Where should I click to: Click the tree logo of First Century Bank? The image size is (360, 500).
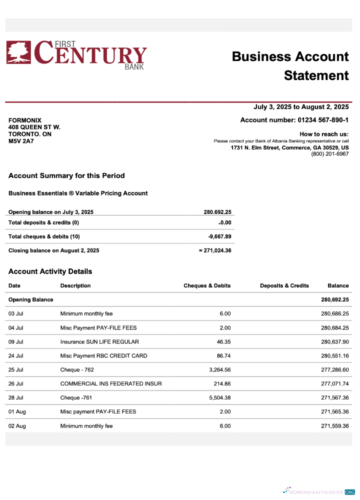[x=18, y=52]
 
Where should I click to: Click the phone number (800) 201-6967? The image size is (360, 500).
[x=329, y=154]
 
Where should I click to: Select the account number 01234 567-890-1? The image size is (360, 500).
[x=323, y=120]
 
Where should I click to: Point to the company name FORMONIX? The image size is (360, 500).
[x=25, y=120]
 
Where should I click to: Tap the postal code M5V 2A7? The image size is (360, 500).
[x=21, y=141]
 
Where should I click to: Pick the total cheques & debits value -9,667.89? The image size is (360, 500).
[x=219, y=236]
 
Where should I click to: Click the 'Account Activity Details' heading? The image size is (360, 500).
[x=50, y=271]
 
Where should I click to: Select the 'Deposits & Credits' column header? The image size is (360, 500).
[x=284, y=285]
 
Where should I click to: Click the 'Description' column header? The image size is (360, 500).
[x=75, y=285]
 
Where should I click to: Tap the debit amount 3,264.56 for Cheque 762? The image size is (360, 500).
[x=216, y=370]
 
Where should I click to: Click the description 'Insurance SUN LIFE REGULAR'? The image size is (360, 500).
[x=99, y=342]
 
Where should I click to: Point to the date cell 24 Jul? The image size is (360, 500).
[x=16, y=356]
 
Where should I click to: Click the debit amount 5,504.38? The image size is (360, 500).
[x=216, y=398]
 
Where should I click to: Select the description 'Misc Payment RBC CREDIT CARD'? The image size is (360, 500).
[x=103, y=356]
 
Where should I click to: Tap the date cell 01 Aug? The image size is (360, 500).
[x=17, y=412]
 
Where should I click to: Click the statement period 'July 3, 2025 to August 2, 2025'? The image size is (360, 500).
[x=301, y=107]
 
